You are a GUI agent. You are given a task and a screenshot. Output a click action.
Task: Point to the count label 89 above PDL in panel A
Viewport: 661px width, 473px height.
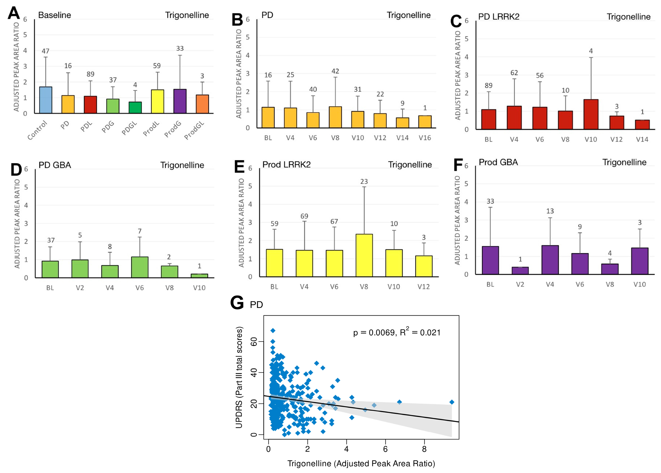(90, 74)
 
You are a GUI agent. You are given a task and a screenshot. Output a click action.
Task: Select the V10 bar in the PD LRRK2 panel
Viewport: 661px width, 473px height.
(591, 114)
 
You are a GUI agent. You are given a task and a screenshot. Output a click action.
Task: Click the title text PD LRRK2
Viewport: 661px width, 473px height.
(499, 17)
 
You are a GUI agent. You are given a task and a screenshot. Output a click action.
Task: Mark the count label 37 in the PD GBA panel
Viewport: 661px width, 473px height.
(51, 240)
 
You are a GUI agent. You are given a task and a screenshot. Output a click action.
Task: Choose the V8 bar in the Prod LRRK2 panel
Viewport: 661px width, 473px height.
(364, 255)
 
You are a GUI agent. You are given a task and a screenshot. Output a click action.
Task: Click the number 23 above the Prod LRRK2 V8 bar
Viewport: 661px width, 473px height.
(364, 182)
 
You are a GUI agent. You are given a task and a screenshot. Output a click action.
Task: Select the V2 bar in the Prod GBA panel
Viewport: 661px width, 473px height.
(520, 271)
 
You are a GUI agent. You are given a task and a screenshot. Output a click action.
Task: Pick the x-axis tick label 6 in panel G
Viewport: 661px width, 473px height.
(385, 449)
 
